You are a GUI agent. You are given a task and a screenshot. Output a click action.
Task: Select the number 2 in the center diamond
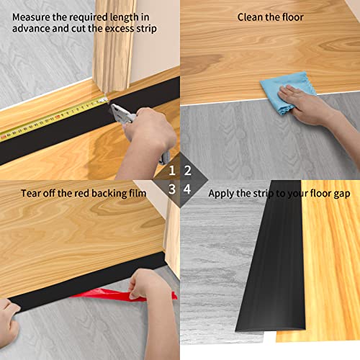click(188, 171)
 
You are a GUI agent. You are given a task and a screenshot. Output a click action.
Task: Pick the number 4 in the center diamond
click(188, 189)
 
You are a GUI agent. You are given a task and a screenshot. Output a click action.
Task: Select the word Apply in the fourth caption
click(222, 193)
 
